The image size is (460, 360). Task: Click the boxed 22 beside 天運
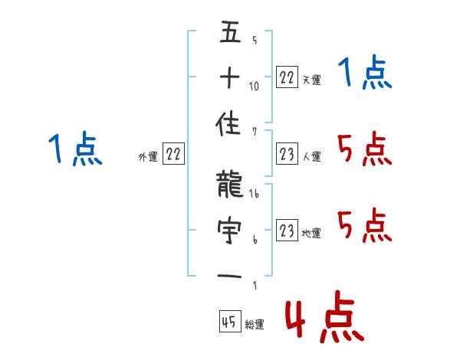point(286,78)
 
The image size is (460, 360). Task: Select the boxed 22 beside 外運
point(173,155)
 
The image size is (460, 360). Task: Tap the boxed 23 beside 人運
point(286,155)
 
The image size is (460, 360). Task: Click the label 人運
point(311,157)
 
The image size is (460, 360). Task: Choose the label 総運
point(255,325)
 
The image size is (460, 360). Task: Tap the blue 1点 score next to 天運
point(366,74)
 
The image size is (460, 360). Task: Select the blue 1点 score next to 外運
point(75,149)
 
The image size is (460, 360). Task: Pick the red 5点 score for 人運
point(366,149)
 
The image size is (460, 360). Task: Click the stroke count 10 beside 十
point(255,86)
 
